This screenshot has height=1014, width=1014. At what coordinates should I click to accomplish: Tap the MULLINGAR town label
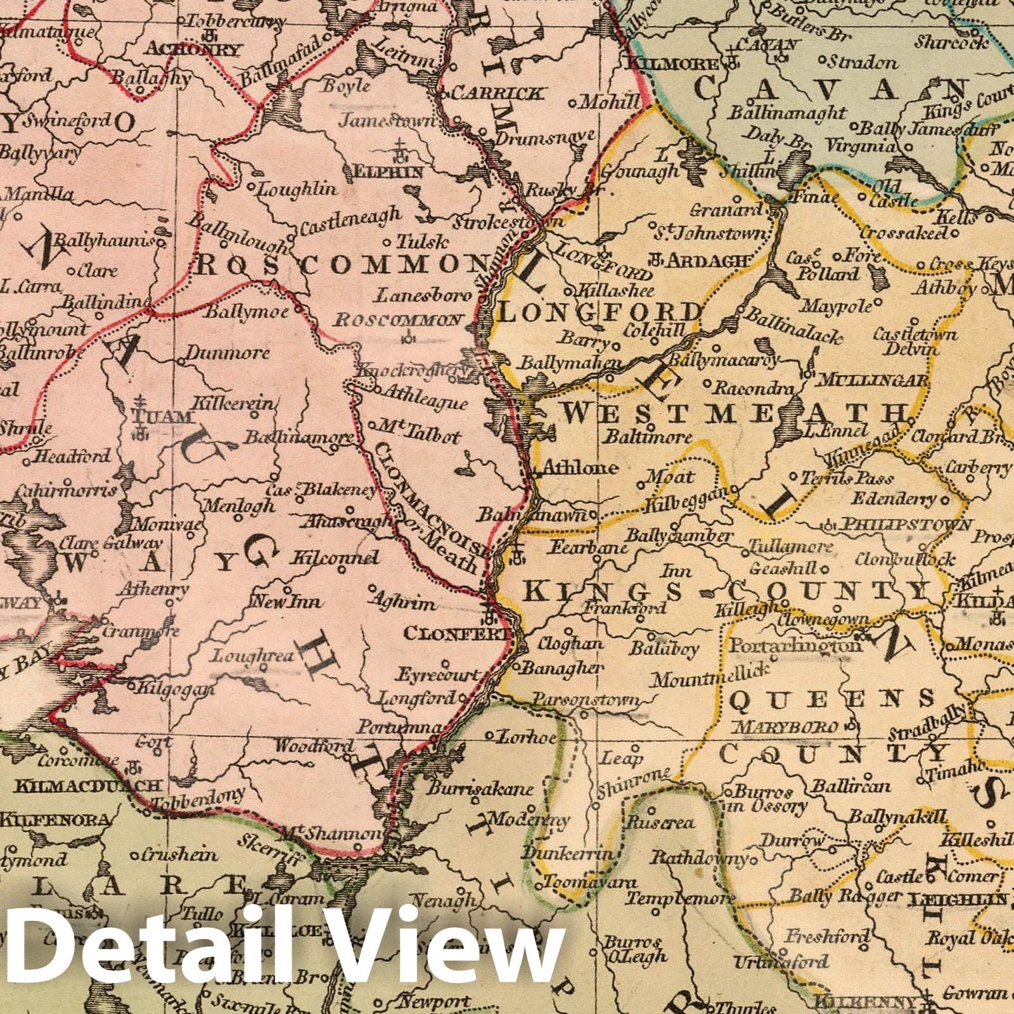click(874, 381)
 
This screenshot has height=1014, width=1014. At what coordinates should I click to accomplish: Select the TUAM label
click(161, 416)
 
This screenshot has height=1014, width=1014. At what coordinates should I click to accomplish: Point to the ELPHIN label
click(390, 172)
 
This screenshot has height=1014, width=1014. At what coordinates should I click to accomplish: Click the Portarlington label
click(795, 646)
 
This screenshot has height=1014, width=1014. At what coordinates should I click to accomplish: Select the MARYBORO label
click(786, 726)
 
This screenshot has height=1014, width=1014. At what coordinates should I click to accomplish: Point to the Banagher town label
click(563, 667)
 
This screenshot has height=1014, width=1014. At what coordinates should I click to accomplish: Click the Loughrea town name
click(253, 656)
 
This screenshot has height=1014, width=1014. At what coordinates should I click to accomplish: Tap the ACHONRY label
click(193, 49)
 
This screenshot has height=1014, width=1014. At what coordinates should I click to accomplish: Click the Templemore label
click(681, 899)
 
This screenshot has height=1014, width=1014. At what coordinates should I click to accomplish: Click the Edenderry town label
click(894, 499)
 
